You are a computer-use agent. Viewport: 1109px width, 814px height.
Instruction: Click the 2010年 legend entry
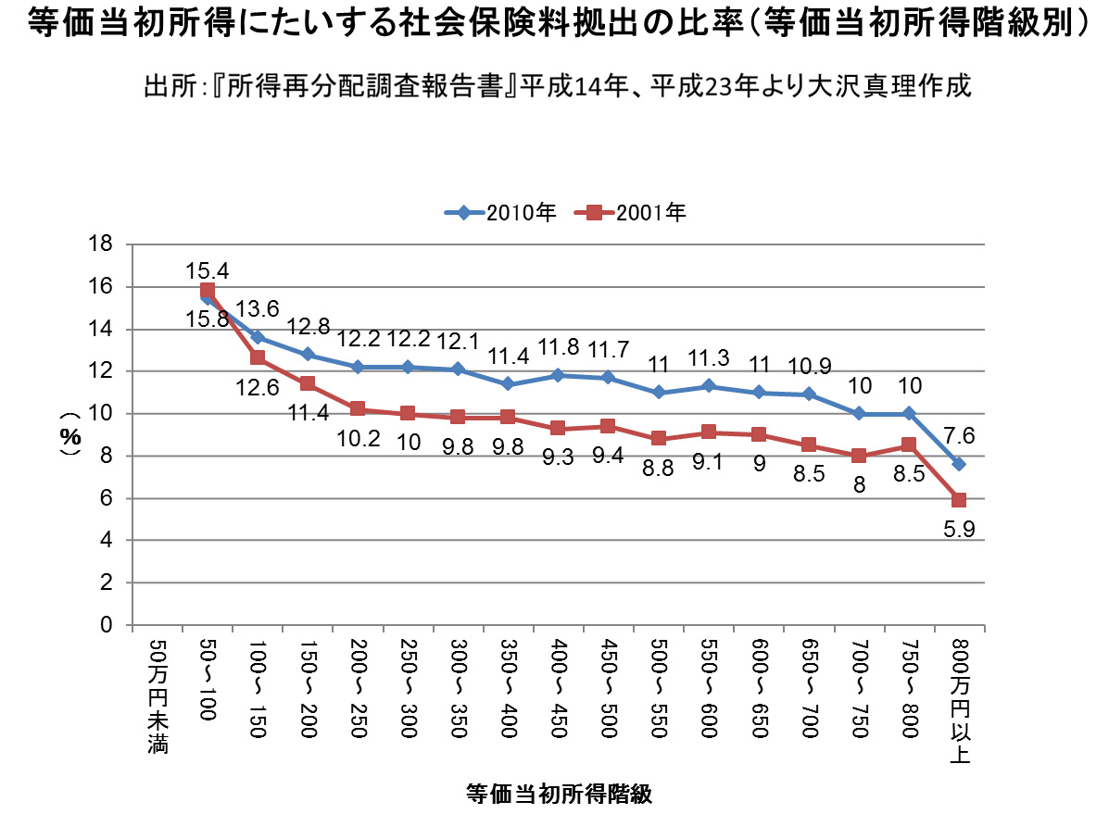click(500, 212)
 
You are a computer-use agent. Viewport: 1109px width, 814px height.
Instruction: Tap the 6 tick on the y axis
click(106, 498)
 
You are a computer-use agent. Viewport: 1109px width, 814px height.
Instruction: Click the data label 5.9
click(961, 531)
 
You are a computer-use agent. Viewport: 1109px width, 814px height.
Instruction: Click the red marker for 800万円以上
click(959, 500)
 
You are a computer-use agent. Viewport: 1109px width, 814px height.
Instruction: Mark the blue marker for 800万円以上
click(959, 464)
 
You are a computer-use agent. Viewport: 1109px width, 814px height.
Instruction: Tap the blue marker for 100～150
click(258, 337)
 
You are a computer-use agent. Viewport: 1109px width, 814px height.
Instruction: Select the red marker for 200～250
click(358, 408)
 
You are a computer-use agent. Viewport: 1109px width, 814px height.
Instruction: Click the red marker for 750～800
click(909, 445)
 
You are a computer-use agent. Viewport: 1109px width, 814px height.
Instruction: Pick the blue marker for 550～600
click(709, 385)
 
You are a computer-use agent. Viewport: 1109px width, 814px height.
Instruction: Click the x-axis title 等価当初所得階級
click(559, 794)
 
